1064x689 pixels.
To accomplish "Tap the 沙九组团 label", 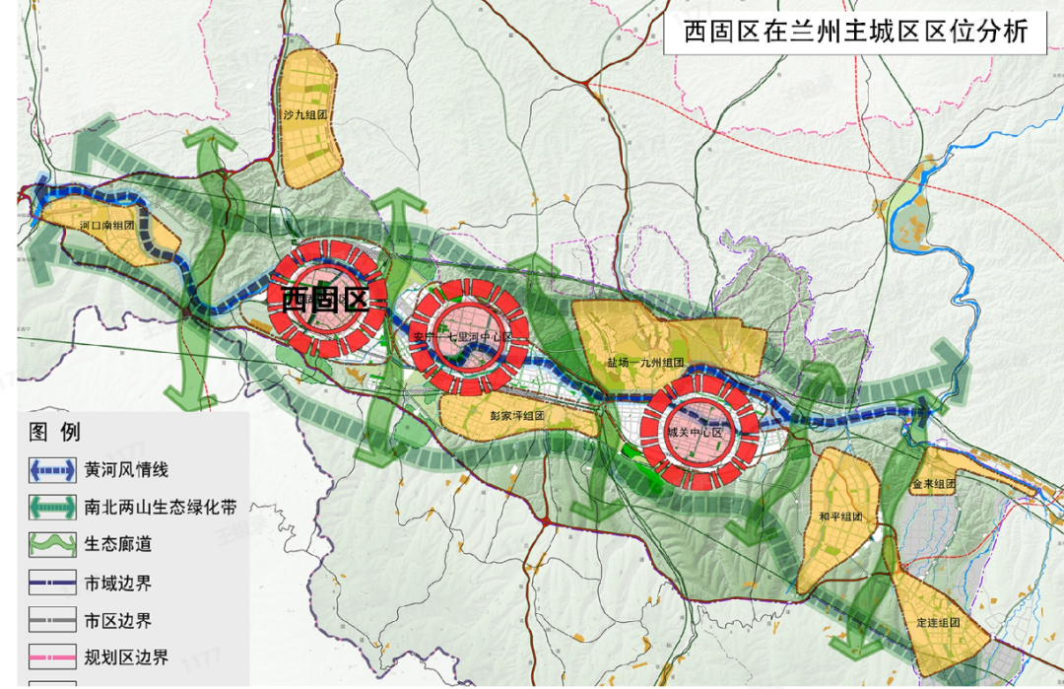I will click(x=304, y=115).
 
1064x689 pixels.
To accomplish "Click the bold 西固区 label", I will click(x=324, y=299).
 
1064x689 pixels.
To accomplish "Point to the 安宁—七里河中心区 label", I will click(x=463, y=337).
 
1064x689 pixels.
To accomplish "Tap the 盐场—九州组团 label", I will click(x=645, y=362).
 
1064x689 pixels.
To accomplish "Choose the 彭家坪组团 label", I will click(x=517, y=415).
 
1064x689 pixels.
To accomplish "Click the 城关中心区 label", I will click(x=695, y=432).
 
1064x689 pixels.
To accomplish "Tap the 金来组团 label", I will click(x=933, y=484).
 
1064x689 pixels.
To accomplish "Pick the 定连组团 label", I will click(x=937, y=623).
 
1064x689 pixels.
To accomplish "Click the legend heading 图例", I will click(x=55, y=432).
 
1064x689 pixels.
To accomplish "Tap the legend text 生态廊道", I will click(x=118, y=544).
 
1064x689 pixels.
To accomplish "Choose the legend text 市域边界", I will click(x=118, y=583).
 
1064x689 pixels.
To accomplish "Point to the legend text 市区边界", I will click(x=118, y=621).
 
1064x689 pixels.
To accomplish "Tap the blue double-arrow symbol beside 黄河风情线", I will click(x=52, y=471).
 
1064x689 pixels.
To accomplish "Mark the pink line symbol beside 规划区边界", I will click(x=52, y=657).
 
